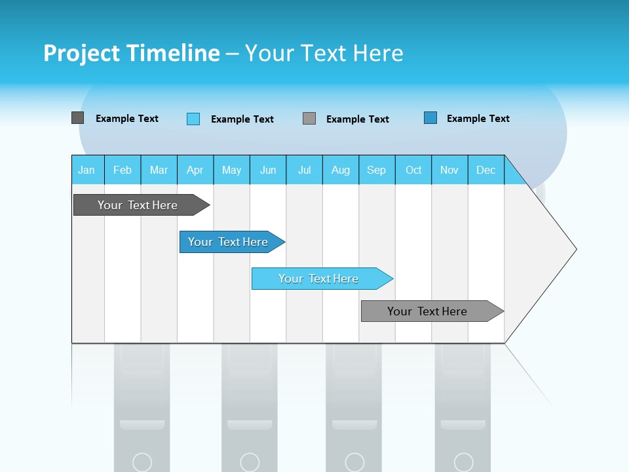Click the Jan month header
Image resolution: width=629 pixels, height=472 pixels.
click(86, 170)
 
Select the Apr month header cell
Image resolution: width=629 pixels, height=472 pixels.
click(195, 170)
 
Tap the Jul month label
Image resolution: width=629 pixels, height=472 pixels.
click(304, 170)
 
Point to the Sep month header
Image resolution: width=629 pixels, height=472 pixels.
click(376, 170)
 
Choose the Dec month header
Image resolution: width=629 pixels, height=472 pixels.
click(486, 170)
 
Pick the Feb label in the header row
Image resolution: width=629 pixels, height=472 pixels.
click(123, 170)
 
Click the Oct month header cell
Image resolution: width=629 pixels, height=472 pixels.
click(413, 170)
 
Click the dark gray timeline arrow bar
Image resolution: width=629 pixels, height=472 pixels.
click(138, 205)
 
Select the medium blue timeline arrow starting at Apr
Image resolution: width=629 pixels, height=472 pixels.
click(228, 242)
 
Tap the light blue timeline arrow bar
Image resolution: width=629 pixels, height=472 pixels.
click(318, 279)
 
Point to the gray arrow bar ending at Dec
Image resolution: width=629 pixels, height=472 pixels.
click(427, 311)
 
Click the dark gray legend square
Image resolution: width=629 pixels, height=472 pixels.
click(77, 118)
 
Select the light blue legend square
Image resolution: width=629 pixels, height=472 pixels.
click(193, 119)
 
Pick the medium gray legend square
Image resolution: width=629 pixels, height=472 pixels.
click(309, 119)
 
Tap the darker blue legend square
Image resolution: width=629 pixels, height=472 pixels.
click(430, 118)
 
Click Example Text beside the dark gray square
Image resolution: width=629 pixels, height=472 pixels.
click(127, 119)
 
